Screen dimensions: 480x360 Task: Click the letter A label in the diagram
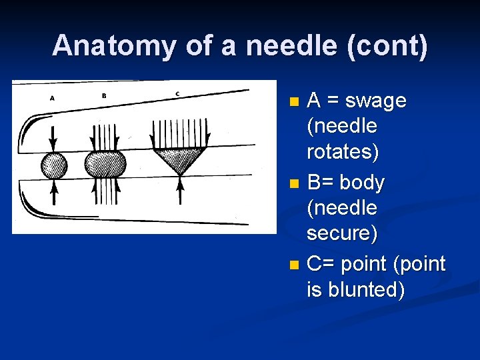53,98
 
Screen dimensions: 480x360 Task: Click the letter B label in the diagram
104,95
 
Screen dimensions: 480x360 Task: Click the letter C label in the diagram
177,93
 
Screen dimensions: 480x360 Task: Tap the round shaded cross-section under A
54,165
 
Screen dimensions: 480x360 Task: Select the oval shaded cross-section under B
106,163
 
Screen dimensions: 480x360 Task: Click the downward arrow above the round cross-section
54,139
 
